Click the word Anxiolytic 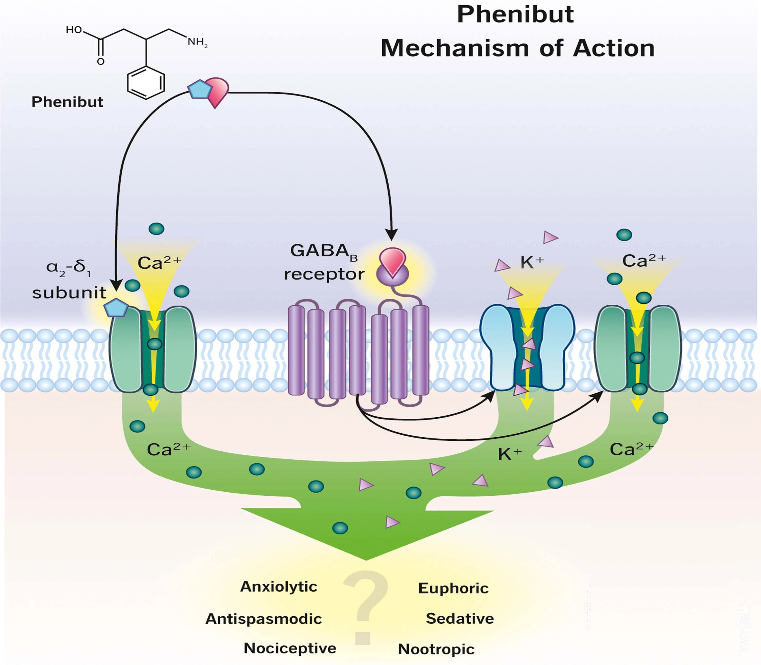coord(279,587)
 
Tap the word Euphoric coord(453,588)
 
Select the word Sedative coord(460,619)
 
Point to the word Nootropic coord(436,649)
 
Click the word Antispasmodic coord(264,619)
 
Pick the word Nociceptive coord(290,648)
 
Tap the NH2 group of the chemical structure coord(197,42)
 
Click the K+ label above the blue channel coord(532,262)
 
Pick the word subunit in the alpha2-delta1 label coord(69,293)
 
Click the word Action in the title coord(614,49)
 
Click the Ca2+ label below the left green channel coord(169,449)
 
